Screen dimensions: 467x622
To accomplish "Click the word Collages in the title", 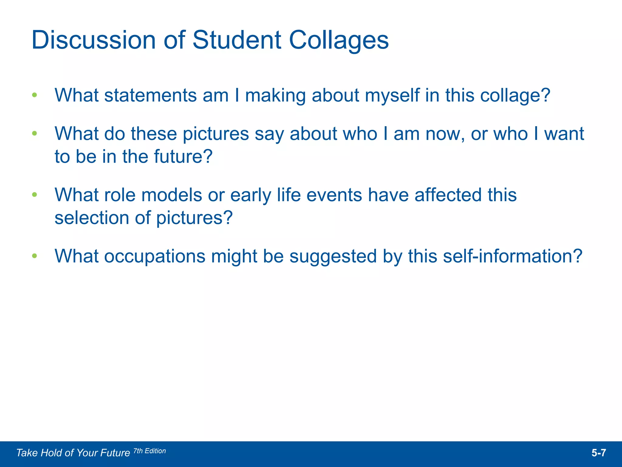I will (339, 40).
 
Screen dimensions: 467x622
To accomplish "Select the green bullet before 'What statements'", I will (35, 95).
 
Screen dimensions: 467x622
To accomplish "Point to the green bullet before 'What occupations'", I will (35, 256).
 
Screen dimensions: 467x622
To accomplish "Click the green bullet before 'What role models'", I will (35, 195).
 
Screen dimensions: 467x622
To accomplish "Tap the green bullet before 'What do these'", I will (35, 133).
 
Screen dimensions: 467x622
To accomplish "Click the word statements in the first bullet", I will (150, 95).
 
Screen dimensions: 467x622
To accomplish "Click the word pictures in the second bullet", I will (216, 134).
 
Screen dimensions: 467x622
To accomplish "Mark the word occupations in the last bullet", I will (155, 256).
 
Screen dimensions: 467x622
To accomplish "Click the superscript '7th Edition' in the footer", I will (150, 451).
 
